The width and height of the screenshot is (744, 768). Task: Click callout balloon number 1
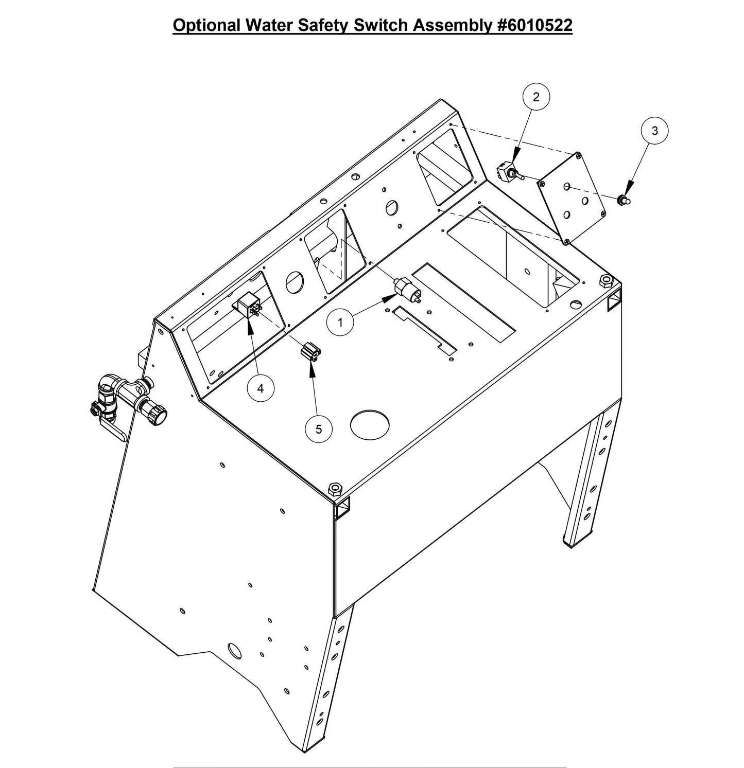(340, 323)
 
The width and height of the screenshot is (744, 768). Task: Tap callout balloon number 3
(654, 131)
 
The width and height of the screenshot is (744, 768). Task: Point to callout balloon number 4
(261, 388)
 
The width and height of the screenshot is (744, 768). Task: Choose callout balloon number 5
(318, 428)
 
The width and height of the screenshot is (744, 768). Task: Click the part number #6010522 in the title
(535, 25)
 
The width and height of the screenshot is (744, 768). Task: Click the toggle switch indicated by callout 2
(509, 173)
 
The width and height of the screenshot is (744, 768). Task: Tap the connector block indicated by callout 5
(310, 353)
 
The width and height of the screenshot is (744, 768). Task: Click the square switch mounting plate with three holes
(572, 198)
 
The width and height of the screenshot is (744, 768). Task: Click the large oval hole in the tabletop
(369, 424)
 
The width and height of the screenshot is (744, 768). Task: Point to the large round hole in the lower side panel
(235, 651)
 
